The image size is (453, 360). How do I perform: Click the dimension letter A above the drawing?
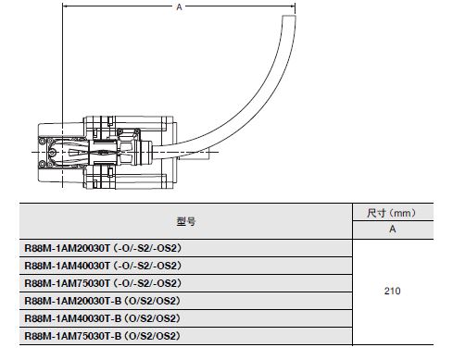click(178, 7)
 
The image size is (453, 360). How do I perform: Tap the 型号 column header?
click(185, 222)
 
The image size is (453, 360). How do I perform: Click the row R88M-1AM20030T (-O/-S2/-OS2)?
click(102, 248)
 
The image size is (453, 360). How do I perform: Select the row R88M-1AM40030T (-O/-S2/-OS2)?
click(102, 266)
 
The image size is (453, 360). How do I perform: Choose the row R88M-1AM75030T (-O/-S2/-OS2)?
click(102, 283)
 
